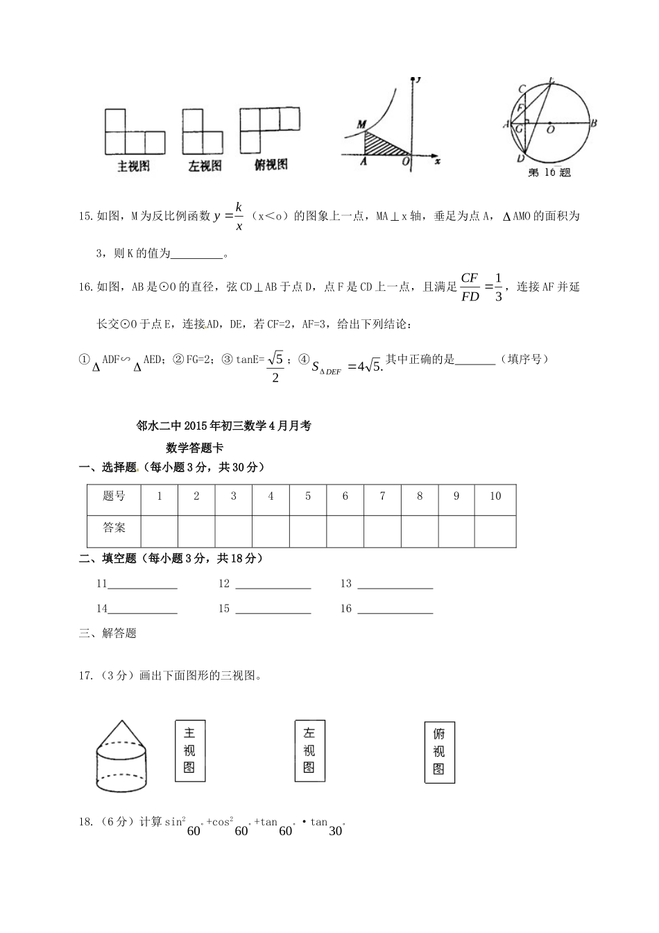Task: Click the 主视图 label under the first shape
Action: coord(133,167)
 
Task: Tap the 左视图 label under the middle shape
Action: coord(205,167)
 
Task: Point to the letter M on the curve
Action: coord(361,124)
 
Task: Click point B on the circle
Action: coord(594,124)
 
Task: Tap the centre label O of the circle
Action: coord(550,129)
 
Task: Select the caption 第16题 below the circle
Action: coord(549,173)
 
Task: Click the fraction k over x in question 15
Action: coord(238,215)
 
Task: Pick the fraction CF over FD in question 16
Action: coord(470,287)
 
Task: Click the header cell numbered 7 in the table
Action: coord(382,496)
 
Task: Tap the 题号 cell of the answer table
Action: coord(114,496)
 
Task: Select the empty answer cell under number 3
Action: coord(234,531)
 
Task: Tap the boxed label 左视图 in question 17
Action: coord(309,751)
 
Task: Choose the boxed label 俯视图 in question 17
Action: coord(439,752)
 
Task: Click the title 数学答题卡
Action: coord(194,448)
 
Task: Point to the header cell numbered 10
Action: coord(495,496)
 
